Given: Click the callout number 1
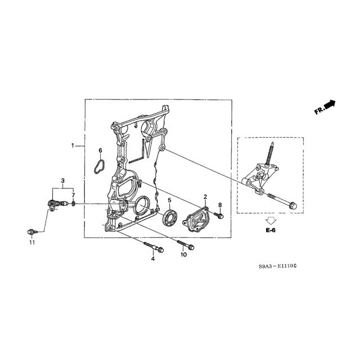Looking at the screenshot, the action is (73, 146).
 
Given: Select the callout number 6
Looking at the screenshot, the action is (100, 151).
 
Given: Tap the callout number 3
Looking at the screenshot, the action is (62, 181).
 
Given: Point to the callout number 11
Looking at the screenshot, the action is (32, 242).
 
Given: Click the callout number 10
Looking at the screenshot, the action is (184, 255).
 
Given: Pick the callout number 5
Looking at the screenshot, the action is (169, 200).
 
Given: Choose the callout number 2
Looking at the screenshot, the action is (205, 197).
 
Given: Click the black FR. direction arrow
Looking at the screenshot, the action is (330, 105).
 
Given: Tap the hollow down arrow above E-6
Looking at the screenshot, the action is (271, 220).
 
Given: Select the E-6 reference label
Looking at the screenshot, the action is (271, 230).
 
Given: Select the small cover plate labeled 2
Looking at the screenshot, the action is (195, 220).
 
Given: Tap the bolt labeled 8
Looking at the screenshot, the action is (219, 215).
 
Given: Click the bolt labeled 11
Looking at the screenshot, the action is (31, 232).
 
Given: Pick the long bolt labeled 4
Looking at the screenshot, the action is (154, 247).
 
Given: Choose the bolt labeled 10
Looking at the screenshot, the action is (186, 245).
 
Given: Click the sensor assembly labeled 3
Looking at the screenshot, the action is (57, 204).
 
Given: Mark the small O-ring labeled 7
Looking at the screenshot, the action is (73, 204).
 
